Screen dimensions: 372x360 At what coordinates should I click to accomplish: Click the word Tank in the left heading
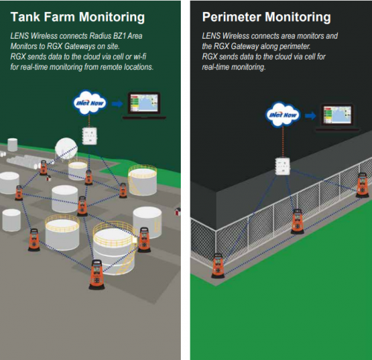pyautogui.click(x=25, y=17)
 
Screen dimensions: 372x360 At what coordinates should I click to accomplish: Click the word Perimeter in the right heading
pyautogui.click(x=231, y=17)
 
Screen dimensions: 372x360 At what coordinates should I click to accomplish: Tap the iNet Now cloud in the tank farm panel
pyautogui.click(x=90, y=103)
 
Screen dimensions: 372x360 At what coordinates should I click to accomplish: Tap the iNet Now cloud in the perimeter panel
pyautogui.click(x=283, y=115)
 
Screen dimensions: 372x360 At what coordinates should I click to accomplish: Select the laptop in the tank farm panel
pyautogui.click(x=144, y=106)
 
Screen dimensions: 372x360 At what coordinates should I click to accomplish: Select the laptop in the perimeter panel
pyautogui.click(x=337, y=118)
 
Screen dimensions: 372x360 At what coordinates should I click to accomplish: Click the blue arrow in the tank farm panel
pyautogui.click(x=117, y=103)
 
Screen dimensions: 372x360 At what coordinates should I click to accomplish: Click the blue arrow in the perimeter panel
pyautogui.click(x=310, y=115)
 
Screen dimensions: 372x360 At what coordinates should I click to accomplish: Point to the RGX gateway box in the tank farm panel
pyautogui.click(x=89, y=136)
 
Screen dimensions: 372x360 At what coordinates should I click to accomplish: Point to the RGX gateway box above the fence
pyautogui.click(x=283, y=167)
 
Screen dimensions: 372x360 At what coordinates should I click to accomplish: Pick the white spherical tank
pyautogui.click(x=66, y=148)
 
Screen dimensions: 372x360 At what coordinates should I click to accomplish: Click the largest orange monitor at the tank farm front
pyautogui.click(x=97, y=274)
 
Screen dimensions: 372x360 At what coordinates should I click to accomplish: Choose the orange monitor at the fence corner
pyautogui.click(x=218, y=266)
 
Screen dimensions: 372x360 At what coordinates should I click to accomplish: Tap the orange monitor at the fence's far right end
pyautogui.click(x=362, y=185)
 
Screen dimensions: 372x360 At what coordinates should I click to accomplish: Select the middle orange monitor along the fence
pyautogui.click(x=298, y=222)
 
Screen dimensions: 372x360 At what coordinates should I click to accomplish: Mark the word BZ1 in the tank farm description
pyautogui.click(x=120, y=36)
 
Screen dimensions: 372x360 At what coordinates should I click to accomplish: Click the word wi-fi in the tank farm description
pyautogui.click(x=140, y=57)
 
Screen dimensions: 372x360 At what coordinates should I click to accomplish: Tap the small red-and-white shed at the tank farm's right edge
pyautogui.click(x=178, y=212)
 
